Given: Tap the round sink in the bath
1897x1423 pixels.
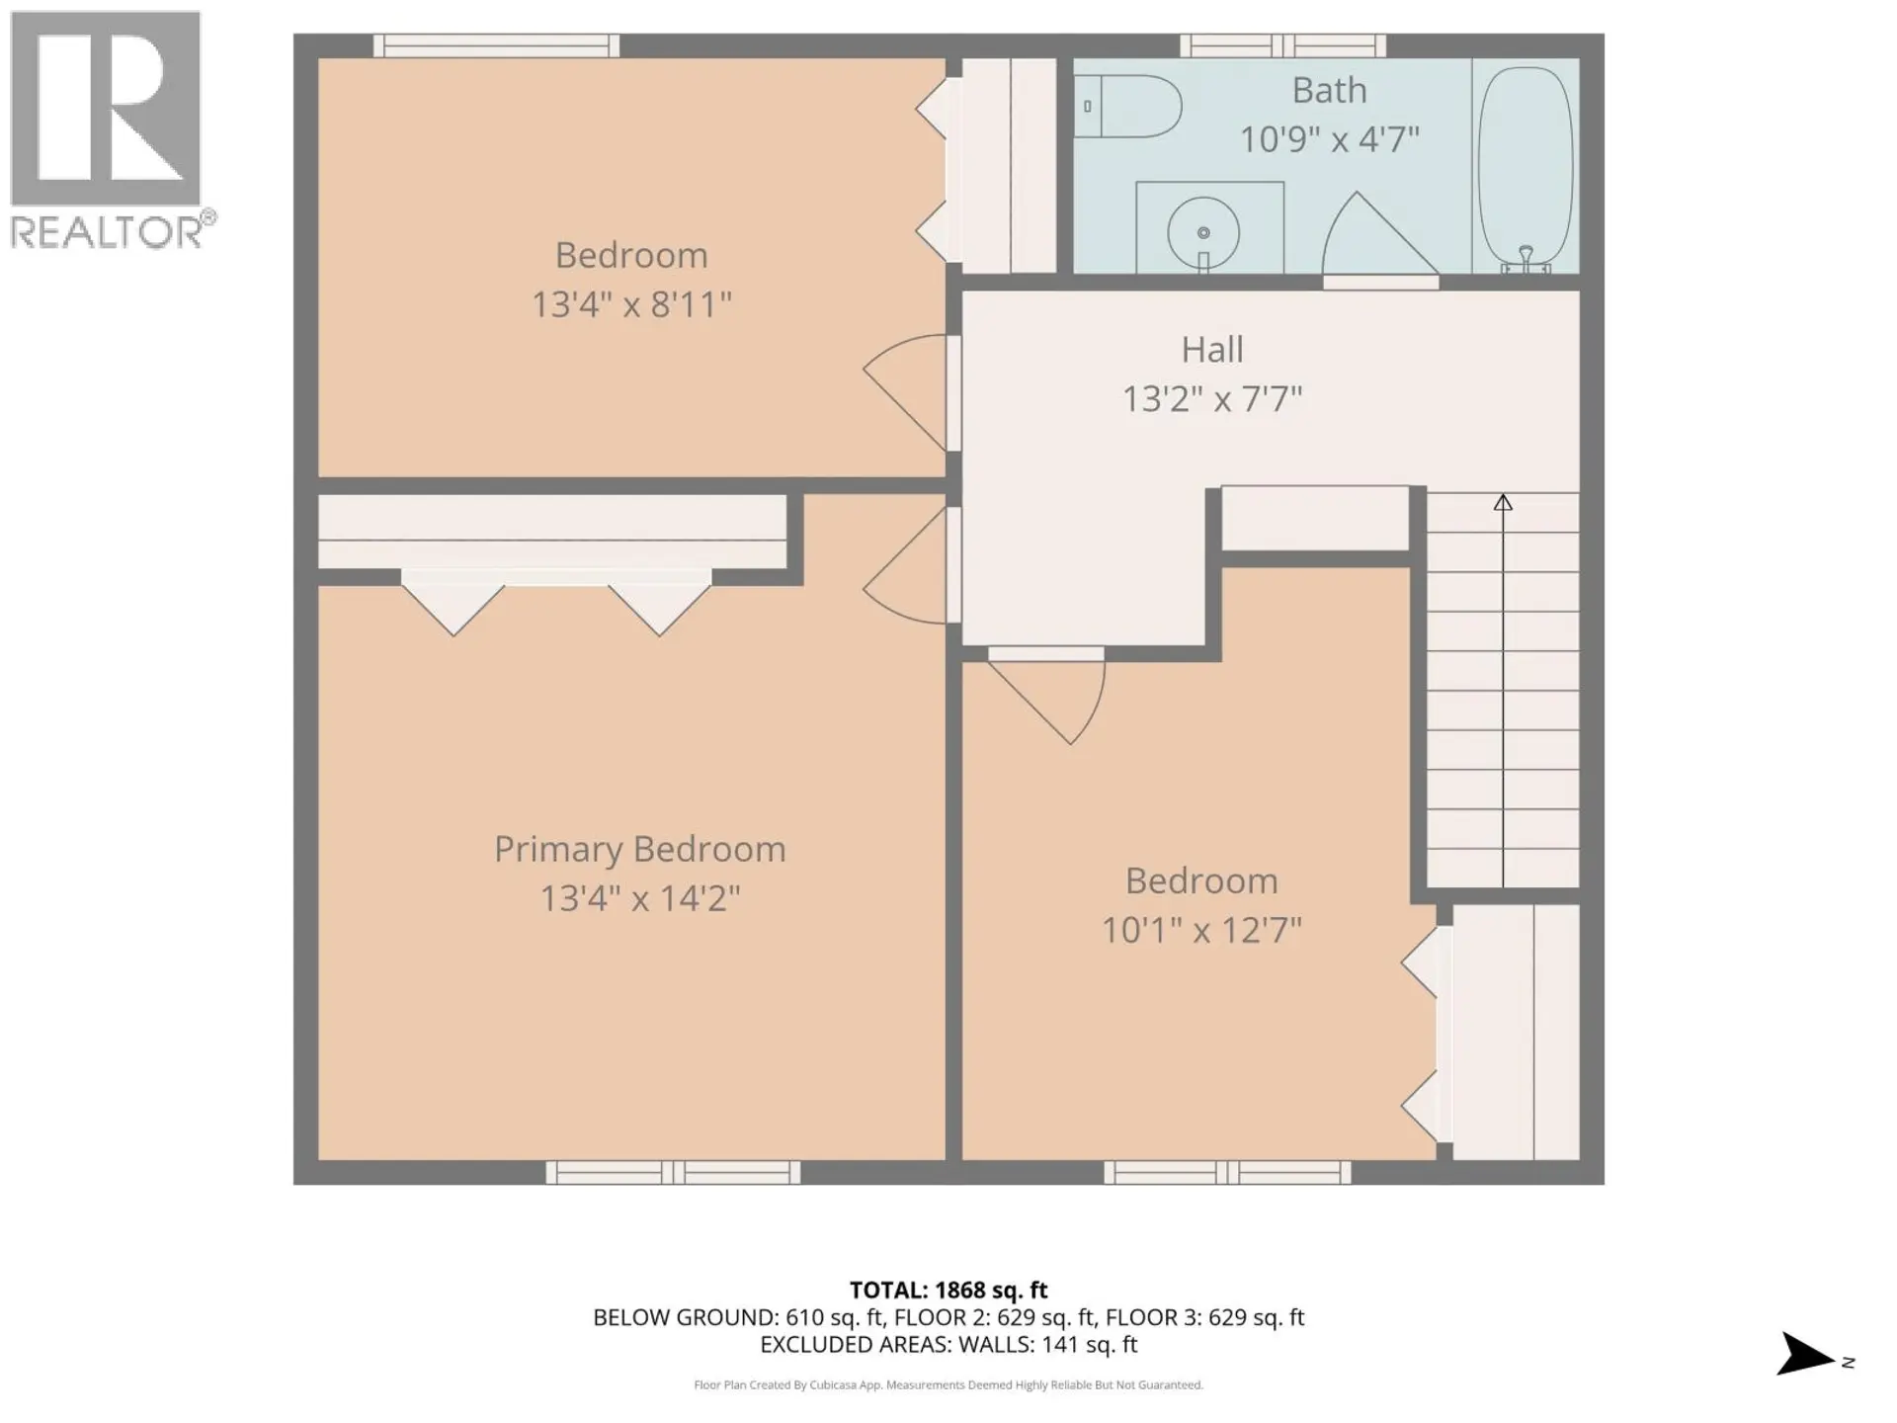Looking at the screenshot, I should (1203, 232).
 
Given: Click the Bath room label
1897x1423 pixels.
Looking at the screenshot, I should (1329, 91).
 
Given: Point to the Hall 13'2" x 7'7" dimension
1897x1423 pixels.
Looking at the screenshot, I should (1211, 399).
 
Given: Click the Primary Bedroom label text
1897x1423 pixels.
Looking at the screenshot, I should (639, 849).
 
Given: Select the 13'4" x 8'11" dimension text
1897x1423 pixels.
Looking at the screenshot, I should (631, 304).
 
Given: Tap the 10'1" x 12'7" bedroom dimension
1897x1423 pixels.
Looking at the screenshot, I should (1201, 930).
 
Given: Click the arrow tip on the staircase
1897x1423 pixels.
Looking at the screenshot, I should (1503, 502).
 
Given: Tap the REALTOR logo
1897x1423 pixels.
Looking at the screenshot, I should (107, 128).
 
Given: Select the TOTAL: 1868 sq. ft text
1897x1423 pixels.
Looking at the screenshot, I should (948, 1290).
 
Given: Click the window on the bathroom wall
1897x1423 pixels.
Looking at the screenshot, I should (1282, 45).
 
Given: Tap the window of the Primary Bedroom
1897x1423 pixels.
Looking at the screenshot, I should (673, 1172).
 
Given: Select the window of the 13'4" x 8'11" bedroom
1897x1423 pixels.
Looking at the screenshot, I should (496, 45).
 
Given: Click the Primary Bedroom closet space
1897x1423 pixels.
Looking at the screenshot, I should (551, 532).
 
